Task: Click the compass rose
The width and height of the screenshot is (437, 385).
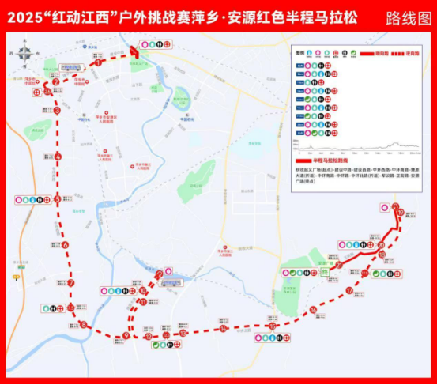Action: (24, 55)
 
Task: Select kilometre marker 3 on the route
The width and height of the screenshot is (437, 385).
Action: (58, 111)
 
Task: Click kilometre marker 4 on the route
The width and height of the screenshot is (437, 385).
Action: (58, 156)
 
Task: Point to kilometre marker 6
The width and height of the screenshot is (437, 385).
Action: (66, 244)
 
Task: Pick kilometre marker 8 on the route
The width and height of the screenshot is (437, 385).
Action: (84, 324)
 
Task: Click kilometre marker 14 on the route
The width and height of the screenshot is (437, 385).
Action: (224, 328)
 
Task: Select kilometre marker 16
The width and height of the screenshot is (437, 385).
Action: (313, 309)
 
